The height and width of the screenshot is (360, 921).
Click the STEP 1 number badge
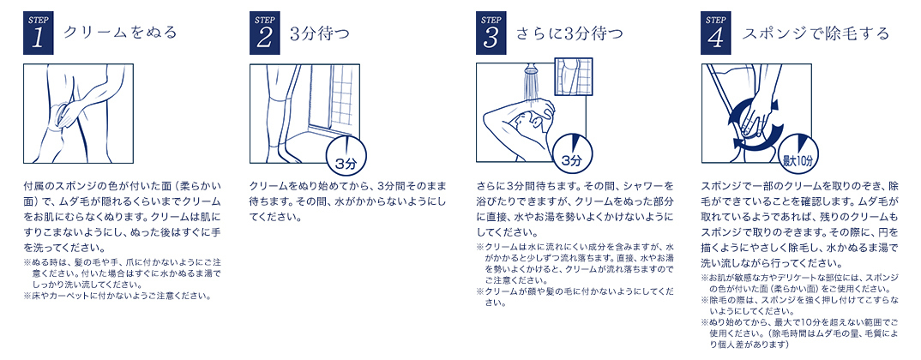point(39,33)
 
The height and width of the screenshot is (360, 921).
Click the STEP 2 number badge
point(264,33)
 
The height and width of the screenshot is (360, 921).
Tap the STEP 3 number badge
point(491,33)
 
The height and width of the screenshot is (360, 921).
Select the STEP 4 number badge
point(717,33)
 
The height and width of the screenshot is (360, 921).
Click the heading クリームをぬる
point(120,33)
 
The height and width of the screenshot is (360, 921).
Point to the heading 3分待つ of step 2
point(320,33)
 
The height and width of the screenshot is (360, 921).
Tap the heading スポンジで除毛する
point(816,33)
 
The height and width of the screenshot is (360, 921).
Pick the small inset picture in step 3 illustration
point(574,77)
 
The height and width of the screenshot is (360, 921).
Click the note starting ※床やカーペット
point(117,296)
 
